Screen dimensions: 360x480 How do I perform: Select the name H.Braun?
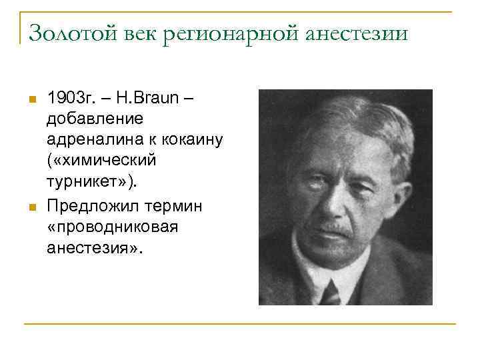click(148, 98)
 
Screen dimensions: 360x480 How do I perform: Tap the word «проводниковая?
click(112, 227)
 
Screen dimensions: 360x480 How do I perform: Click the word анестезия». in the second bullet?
click(95, 248)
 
